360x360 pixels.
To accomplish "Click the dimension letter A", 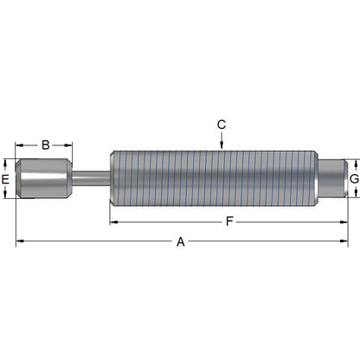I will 181,242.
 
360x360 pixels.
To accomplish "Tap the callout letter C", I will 222,125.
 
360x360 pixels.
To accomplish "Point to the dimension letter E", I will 6,178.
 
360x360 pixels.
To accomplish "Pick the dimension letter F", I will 228,222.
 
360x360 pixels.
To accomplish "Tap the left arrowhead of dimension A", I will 20,242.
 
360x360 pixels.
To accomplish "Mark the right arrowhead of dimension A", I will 344,242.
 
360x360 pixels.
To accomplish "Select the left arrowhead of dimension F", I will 113,222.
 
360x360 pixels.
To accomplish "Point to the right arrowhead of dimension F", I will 344,222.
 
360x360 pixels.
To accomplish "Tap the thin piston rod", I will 91,178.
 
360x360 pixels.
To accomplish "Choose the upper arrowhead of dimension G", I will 354,162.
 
